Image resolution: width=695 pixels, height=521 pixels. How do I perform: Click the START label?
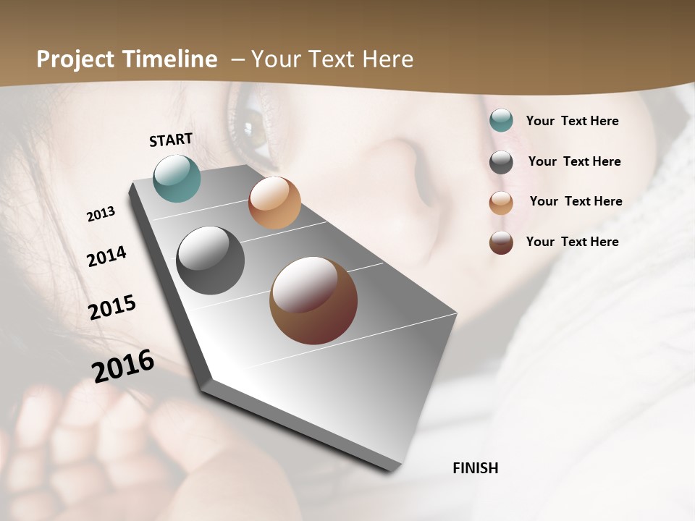[x=171, y=140]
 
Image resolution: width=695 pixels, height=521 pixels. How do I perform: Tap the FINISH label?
[x=476, y=468]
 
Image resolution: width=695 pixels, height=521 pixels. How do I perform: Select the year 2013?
[x=101, y=214]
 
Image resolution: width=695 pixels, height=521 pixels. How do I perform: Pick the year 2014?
[x=106, y=256]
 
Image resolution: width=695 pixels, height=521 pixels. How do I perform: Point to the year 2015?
[x=112, y=308]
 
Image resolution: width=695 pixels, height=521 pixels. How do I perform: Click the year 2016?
[x=123, y=366]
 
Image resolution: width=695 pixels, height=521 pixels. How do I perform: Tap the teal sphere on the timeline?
[x=177, y=178]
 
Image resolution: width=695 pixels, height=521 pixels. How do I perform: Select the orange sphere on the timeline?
[x=274, y=203]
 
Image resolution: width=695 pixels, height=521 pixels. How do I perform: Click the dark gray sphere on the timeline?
[x=211, y=260]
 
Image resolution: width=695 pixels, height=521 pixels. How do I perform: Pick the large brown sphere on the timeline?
[x=313, y=300]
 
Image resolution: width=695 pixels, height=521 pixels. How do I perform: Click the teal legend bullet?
[x=501, y=121]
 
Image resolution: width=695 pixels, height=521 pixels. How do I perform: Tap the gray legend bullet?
[x=501, y=162]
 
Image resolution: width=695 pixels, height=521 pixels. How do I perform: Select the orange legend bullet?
[x=501, y=202]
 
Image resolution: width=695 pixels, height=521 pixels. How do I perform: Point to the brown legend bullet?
[x=501, y=242]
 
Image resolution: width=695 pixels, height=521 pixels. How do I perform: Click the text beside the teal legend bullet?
[x=572, y=121]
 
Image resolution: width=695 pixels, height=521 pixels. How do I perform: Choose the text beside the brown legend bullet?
[x=572, y=242]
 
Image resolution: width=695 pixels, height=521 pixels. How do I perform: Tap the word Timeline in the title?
[x=170, y=59]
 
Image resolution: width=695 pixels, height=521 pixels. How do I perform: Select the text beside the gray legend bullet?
[x=574, y=161]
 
